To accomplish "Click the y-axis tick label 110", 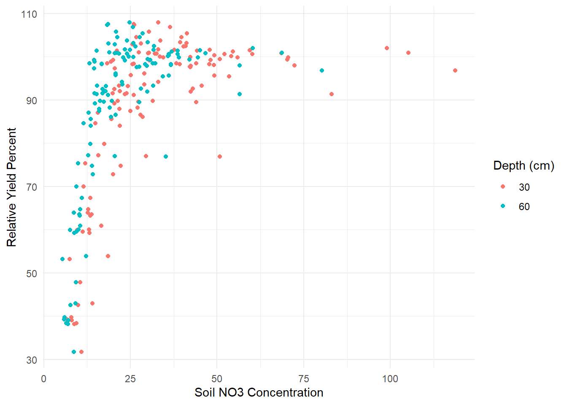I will pos(29,14).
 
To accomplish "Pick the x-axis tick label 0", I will pos(43,378).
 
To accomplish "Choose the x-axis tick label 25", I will pos(130,378).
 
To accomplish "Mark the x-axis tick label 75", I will pos(303,378).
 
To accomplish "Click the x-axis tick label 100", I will pos(390,378).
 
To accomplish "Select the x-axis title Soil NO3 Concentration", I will pos(259,392).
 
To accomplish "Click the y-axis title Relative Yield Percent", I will pos(11,187).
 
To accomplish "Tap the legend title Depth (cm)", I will pos(524,165).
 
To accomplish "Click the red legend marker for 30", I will pos(503,187).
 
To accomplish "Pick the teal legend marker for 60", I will pos(503,206).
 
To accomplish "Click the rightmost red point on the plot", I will pos(455,70).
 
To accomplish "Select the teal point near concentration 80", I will pos(322,70).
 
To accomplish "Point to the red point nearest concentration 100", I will pos(387,48).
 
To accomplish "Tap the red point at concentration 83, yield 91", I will pos(332,94).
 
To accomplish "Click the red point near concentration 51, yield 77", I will pos(220,157).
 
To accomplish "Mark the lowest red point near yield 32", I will pos(81,352).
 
